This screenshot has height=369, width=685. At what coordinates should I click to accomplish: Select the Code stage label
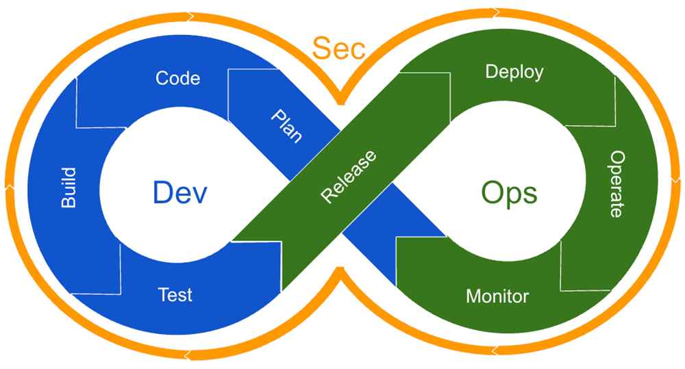tap(178, 78)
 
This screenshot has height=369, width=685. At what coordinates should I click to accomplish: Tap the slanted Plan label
tap(286, 125)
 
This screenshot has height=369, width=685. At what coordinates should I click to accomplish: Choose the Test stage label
tap(175, 295)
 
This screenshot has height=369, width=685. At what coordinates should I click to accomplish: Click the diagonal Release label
tap(349, 177)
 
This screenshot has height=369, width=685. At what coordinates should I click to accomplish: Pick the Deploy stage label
tap(514, 72)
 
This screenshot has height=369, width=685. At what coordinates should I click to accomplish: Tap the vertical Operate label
tap(616, 183)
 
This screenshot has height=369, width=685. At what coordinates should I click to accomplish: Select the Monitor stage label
tap(497, 296)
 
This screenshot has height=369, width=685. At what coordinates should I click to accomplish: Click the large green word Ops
tap(509, 194)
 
